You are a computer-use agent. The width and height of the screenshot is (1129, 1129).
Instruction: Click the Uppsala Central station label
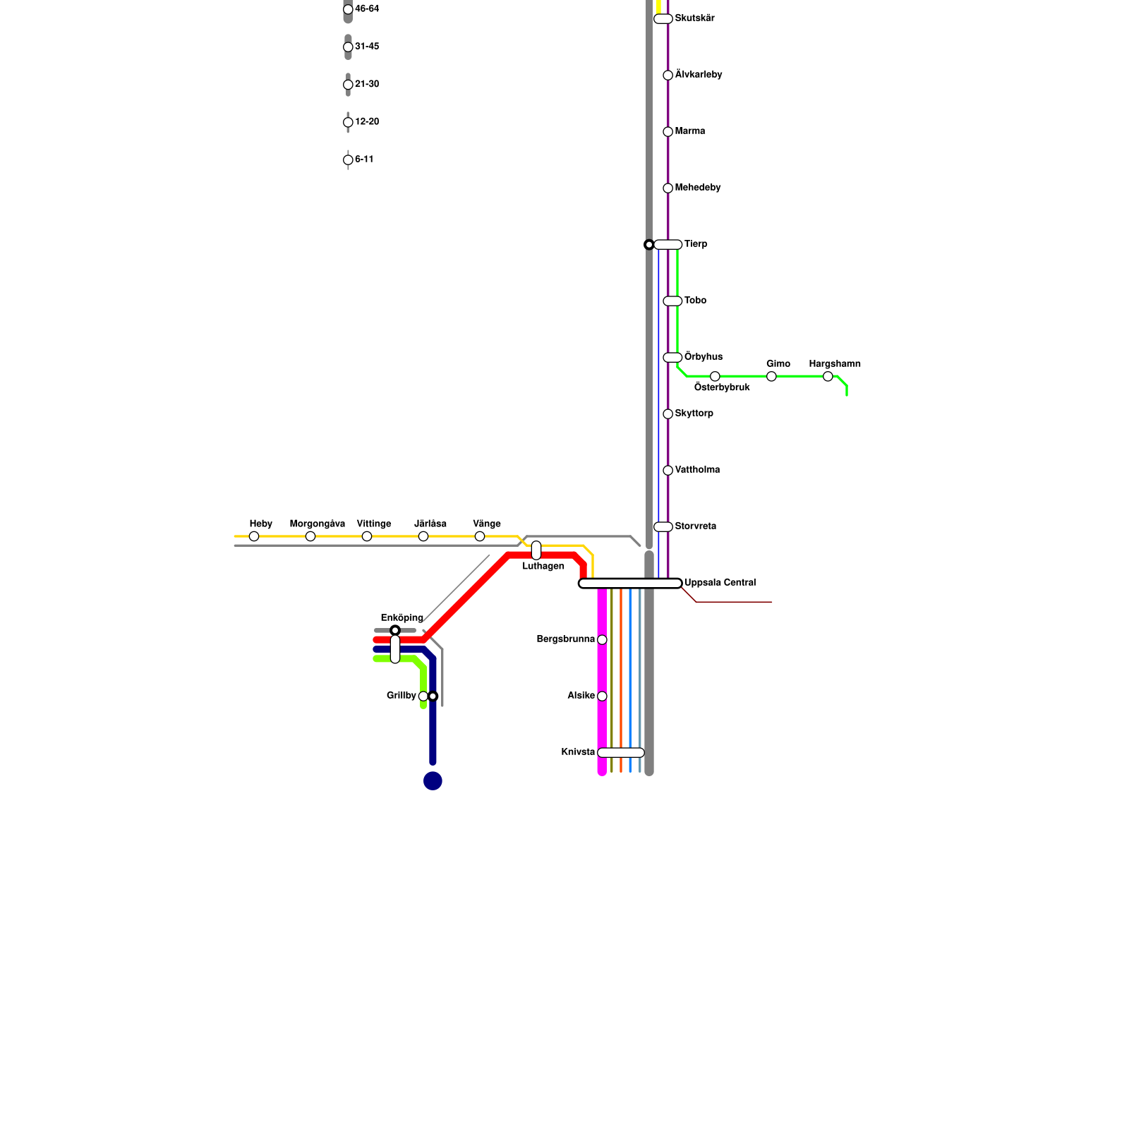(x=720, y=583)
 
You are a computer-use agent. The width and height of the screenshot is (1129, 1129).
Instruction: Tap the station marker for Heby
(x=254, y=536)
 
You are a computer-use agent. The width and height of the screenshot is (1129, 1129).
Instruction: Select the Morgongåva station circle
(x=310, y=536)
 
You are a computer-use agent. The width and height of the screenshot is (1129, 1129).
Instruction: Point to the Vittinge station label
(x=373, y=524)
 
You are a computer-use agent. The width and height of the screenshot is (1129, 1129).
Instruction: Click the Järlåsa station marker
(x=423, y=536)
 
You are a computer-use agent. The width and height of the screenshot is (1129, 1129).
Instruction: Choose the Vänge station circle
(x=480, y=536)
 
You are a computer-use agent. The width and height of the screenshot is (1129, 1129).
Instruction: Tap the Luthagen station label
(x=543, y=566)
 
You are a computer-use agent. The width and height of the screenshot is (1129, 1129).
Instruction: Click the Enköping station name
(x=402, y=618)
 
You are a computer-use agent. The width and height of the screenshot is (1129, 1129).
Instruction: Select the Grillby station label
(x=402, y=696)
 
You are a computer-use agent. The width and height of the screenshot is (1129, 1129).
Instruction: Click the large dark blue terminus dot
(x=433, y=780)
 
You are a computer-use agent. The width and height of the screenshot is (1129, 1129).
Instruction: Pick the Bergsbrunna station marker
(x=602, y=640)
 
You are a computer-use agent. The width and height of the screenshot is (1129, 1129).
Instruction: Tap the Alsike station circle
(x=602, y=696)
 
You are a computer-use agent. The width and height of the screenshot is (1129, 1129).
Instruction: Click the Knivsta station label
(x=578, y=752)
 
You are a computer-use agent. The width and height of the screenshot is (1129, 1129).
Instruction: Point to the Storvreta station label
(x=695, y=526)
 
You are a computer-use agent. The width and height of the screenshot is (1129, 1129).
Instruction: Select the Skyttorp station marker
(x=668, y=414)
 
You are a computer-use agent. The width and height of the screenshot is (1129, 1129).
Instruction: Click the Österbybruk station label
(x=722, y=387)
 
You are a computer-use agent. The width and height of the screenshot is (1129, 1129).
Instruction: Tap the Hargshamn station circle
(x=828, y=376)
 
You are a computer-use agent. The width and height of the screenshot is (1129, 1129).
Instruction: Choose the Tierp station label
(x=696, y=244)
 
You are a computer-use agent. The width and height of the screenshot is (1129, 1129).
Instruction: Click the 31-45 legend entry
(x=366, y=47)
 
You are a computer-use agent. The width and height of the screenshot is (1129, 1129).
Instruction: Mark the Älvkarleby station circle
(x=668, y=76)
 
